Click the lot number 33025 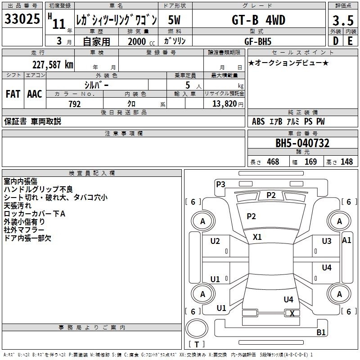click(x=22, y=19)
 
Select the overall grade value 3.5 click(x=343, y=20)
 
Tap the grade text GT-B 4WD click(x=258, y=20)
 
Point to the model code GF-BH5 click(x=258, y=41)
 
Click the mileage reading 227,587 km click(x=53, y=65)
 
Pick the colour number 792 click(x=75, y=104)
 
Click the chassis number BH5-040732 click(x=302, y=143)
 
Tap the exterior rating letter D click(x=336, y=41)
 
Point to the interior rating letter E click(x=350, y=41)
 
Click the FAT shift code click(x=13, y=94)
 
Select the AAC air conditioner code click(x=35, y=94)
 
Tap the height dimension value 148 click(x=346, y=162)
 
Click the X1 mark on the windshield click(x=257, y=237)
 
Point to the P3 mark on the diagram click(x=220, y=184)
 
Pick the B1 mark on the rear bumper click(x=321, y=332)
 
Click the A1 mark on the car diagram click(x=346, y=240)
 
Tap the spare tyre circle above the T click(x=197, y=328)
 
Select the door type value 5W click(x=174, y=20)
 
